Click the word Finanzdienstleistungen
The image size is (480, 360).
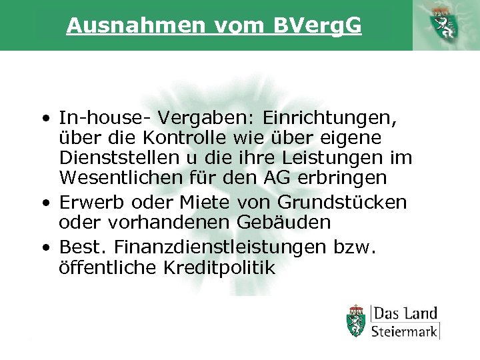(x=220, y=248)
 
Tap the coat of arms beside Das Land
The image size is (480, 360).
(x=357, y=321)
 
